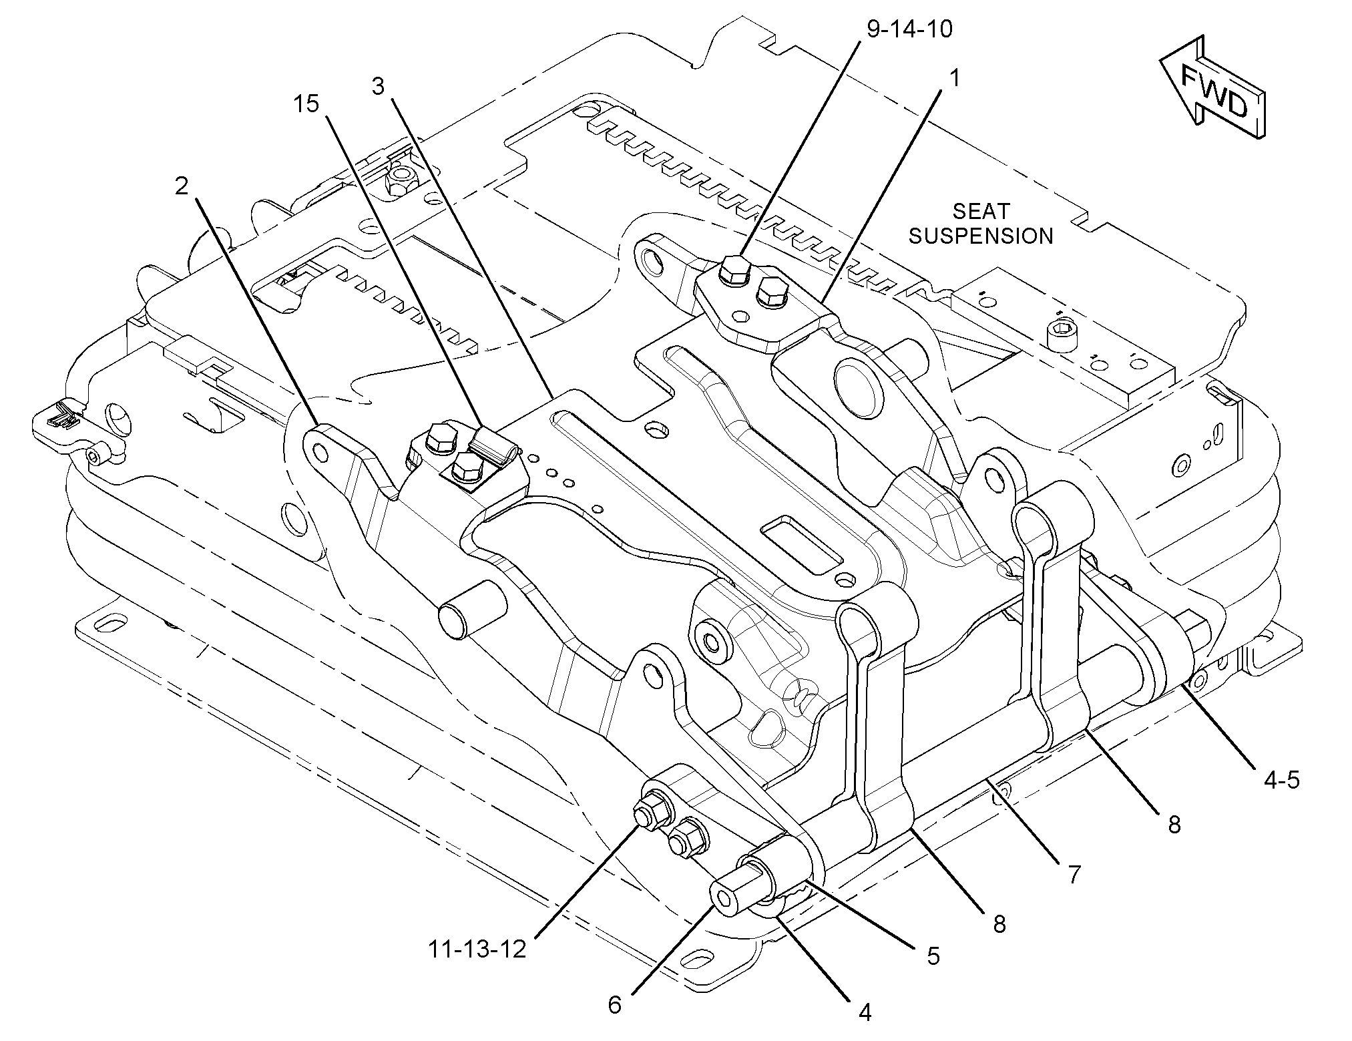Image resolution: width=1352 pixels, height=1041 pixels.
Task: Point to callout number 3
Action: [379, 87]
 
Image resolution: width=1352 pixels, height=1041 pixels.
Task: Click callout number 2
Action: [182, 186]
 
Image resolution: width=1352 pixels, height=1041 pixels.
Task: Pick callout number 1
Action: [955, 79]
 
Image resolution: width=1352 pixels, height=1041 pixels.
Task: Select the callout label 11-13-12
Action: [477, 948]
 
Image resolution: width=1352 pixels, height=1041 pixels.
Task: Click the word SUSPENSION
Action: [981, 236]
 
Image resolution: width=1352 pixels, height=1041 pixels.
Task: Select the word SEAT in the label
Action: [981, 211]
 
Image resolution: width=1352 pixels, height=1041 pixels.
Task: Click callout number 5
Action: [933, 956]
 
